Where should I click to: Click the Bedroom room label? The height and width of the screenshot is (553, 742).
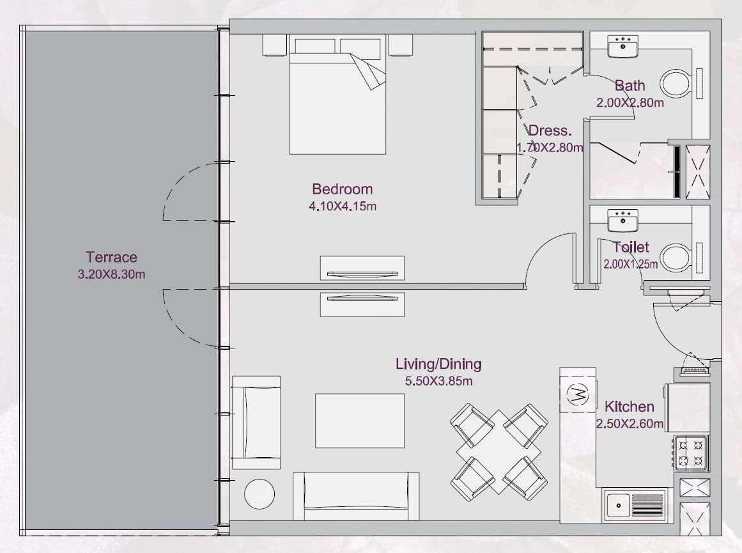[342, 189]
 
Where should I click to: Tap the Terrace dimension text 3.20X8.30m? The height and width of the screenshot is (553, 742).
[111, 274]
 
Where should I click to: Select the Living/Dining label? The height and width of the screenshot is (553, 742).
[438, 364]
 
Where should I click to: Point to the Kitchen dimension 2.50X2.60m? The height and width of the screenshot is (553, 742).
[630, 423]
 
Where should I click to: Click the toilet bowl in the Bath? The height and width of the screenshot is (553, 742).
[676, 84]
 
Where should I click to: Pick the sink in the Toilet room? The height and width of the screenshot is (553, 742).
[622, 221]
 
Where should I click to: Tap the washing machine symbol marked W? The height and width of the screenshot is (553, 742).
[578, 393]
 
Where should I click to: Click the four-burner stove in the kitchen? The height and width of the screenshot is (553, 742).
[691, 453]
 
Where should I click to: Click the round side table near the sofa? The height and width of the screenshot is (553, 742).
[259, 494]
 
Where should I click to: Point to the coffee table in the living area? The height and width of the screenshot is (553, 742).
[360, 421]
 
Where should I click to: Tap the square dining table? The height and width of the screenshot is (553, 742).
[499, 452]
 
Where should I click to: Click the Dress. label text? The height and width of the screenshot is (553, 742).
[550, 130]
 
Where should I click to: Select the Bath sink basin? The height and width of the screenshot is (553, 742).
[622, 47]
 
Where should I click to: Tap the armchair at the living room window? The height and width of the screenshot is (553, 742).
[256, 423]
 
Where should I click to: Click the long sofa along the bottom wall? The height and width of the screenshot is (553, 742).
[356, 496]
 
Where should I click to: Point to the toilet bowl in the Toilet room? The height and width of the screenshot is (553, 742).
[676, 258]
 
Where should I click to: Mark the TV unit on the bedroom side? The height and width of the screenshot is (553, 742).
[362, 268]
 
